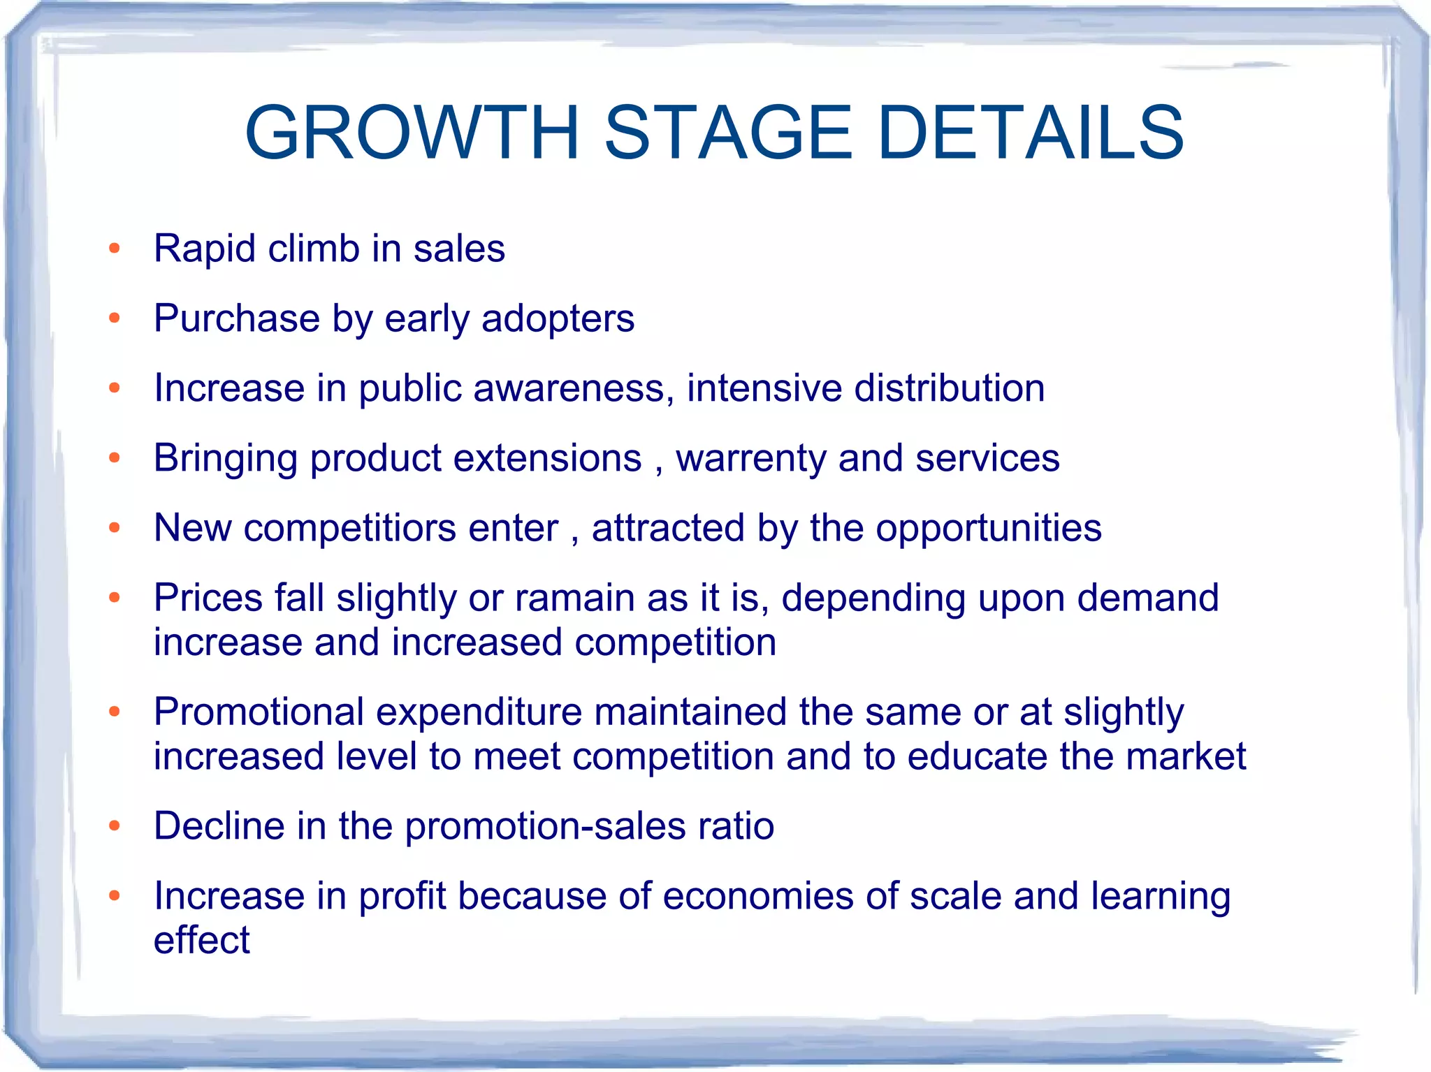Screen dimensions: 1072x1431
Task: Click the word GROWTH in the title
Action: coord(412,133)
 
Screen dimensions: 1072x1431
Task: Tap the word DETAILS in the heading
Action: coord(1030,133)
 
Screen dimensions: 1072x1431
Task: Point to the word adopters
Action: coord(558,319)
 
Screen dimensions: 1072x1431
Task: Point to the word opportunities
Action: coord(988,528)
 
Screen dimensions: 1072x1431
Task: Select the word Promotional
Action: coord(259,712)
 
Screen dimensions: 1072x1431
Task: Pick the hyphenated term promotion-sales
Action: coord(545,827)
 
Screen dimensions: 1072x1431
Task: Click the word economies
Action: coord(757,896)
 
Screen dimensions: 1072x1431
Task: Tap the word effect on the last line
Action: coord(201,941)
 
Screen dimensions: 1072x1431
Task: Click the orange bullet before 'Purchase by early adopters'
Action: coord(115,319)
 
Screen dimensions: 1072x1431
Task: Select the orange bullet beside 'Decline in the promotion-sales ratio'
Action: coord(115,826)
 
